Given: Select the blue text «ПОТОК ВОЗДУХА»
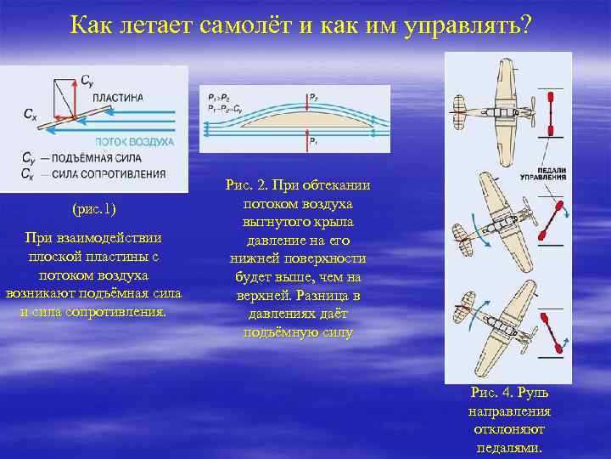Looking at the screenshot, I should tap(135, 141).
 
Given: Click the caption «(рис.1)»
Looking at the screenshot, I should tap(94, 209).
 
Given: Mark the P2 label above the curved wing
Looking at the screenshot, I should tap(314, 96).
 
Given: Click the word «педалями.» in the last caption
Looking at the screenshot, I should tap(509, 447).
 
